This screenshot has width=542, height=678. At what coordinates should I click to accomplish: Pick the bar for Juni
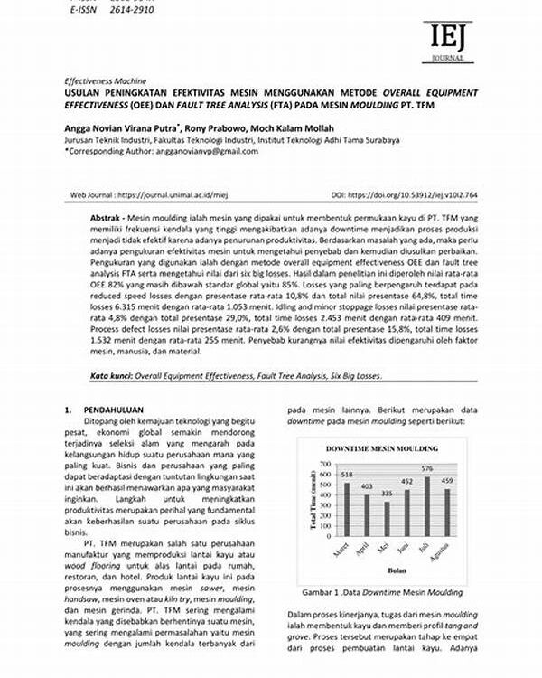[407, 511]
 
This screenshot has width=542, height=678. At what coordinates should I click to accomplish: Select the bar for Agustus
[447, 511]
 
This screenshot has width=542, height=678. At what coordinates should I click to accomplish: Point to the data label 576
[428, 468]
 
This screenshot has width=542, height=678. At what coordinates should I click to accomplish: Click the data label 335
[388, 494]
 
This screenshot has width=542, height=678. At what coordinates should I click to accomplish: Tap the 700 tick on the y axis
[325, 465]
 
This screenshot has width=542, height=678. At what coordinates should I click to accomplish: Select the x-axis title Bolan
[396, 570]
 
